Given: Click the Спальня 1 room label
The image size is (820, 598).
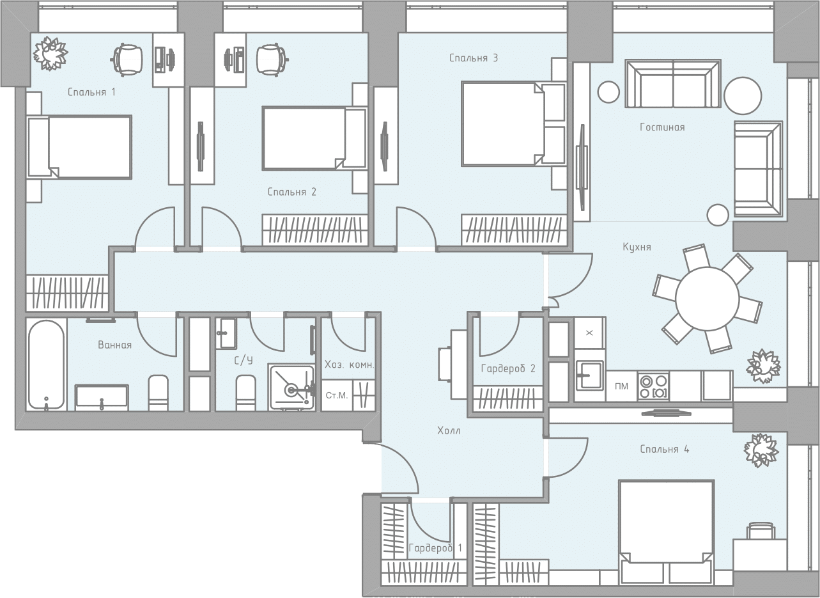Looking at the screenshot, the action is pos(91,92).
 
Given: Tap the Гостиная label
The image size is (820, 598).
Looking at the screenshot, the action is pos(662,127).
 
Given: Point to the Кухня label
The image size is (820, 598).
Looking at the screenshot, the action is pos(637,247).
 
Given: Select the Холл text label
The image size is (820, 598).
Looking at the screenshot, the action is pos(449,430).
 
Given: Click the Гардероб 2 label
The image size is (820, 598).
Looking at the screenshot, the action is pos(508,368).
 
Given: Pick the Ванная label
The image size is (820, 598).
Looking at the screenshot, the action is pos(114,345).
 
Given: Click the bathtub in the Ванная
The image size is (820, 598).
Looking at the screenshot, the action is pos(47,365).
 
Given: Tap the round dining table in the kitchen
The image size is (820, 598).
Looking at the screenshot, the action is pos(708,299).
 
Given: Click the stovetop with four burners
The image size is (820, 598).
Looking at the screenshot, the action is pos(653,386).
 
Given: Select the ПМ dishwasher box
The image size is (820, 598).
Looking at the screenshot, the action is pos(621,386).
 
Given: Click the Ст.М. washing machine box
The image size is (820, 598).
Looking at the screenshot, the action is pos(337,395).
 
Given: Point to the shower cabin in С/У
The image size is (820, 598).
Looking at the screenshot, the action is pos(291,387).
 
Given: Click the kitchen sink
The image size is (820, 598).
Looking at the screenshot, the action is pos(589,375).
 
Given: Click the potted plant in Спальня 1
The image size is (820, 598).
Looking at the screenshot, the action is pos(50,53).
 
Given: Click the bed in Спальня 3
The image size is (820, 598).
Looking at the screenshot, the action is pos(513,124).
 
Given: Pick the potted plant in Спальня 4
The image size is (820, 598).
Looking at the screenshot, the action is pos(761,450).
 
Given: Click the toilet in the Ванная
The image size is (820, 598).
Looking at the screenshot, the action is pos(158,393).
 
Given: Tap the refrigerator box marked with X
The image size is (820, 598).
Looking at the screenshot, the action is pos(589,333).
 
